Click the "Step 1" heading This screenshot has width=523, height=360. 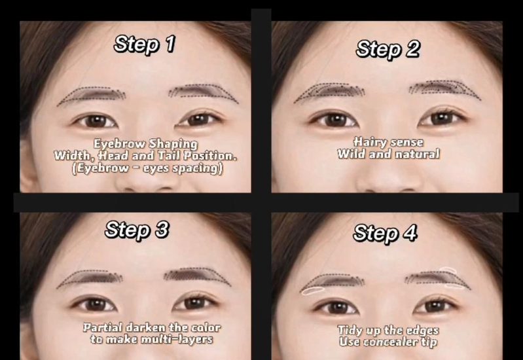point(145,44)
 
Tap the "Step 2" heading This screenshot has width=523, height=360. point(388,49)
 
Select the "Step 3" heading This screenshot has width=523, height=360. point(137,230)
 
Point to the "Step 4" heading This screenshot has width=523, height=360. point(385,232)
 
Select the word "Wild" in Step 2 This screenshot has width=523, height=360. point(351,154)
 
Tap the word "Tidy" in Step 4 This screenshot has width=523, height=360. point(350,331)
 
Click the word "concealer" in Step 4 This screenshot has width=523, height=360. point(393,342)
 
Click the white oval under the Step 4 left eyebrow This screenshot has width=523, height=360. point(312,291)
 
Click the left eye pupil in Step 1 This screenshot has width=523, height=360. point(96,121)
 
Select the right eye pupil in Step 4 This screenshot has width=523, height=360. point(435,306)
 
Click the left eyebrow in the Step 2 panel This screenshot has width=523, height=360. point(329,92)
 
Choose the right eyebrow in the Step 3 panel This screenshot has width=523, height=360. point(197,276)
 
